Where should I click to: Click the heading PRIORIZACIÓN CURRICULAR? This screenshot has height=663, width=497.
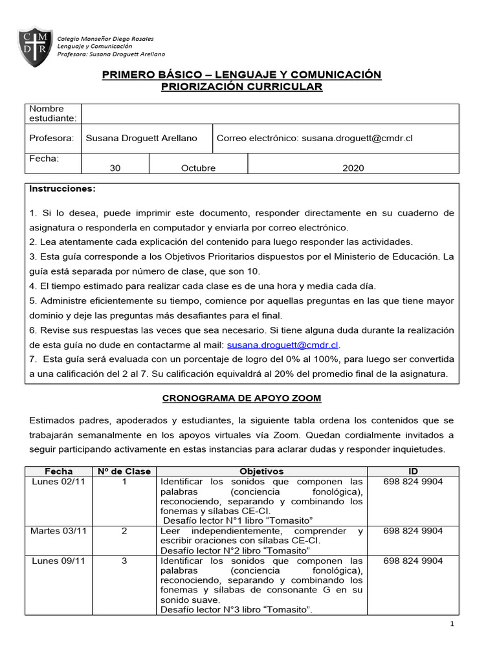pyautogui.click(x=241, y=87)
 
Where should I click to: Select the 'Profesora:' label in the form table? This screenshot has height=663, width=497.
pyautogui.click(x=51, y=138)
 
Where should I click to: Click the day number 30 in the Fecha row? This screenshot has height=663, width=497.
pyautogui.click(x=115, y=168)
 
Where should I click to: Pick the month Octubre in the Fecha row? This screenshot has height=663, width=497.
pyautogui.click(x=198, y=168)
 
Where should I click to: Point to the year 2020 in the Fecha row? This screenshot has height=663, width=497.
pyautogui.click(x=353, y=168)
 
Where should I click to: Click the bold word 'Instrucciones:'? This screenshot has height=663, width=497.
pyautogui.click(x=62, y=188)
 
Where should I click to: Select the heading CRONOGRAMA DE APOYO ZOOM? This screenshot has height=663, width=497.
pyautogui.click(x=241, y=398)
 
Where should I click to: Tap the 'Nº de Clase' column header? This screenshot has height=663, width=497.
pyautogui.click(x=123, y=471)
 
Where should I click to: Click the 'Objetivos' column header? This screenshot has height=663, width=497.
pyautogui.click(x=261, y=471)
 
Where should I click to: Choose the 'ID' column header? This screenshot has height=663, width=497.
pyautogui.click(x=413, y=471)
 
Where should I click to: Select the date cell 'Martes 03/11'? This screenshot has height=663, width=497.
pyautogui.click(x=54, y=531)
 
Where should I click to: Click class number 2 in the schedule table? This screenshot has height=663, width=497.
pyautogui.click(x=124, y=531)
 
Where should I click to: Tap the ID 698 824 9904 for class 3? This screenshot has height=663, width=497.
pyautogui.click(x=413, y=561)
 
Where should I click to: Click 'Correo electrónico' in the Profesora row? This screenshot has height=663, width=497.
pyautogui.click(x=256, y=138)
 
